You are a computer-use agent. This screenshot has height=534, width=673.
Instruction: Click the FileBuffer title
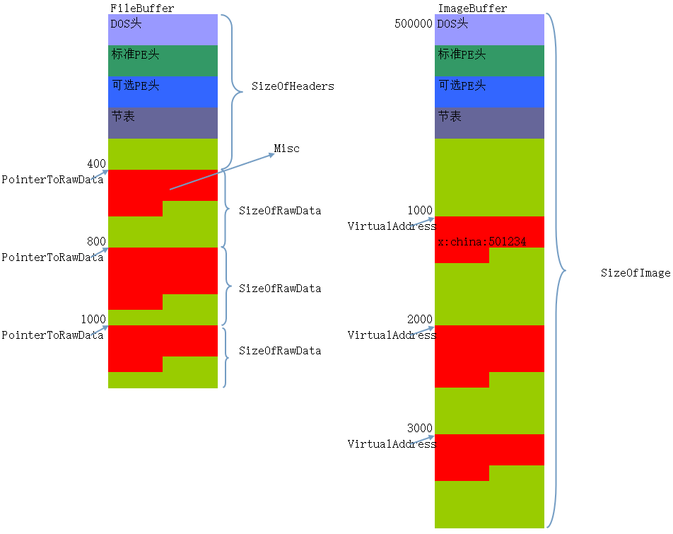142,8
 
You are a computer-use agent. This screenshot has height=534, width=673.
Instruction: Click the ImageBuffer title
472,8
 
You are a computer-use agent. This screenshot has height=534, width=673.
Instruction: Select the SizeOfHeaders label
293,86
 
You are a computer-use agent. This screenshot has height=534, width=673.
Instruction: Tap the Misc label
287,149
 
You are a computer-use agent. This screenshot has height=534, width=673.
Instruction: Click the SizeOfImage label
635,273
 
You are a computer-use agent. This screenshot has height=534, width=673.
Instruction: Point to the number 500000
413,24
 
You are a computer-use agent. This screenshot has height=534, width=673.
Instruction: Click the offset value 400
97,164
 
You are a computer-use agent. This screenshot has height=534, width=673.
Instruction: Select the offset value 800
97,242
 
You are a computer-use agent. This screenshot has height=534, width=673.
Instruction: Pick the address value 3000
419,429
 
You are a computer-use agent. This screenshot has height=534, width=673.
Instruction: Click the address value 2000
419,320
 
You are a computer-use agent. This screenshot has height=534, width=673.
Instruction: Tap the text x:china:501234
481,242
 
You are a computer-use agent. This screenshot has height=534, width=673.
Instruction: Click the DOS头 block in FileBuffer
163,30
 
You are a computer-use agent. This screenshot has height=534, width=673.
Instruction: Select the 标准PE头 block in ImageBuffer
489,61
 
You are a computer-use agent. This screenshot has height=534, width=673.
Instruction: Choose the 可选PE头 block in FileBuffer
163,92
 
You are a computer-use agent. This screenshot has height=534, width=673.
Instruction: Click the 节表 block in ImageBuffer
489,123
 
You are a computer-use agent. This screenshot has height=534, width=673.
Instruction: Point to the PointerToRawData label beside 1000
52,335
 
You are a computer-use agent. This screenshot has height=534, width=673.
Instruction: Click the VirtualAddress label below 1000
391,226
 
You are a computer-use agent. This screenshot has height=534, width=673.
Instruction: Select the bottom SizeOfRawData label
280,351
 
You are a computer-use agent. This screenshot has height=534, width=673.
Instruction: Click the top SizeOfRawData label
280,211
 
